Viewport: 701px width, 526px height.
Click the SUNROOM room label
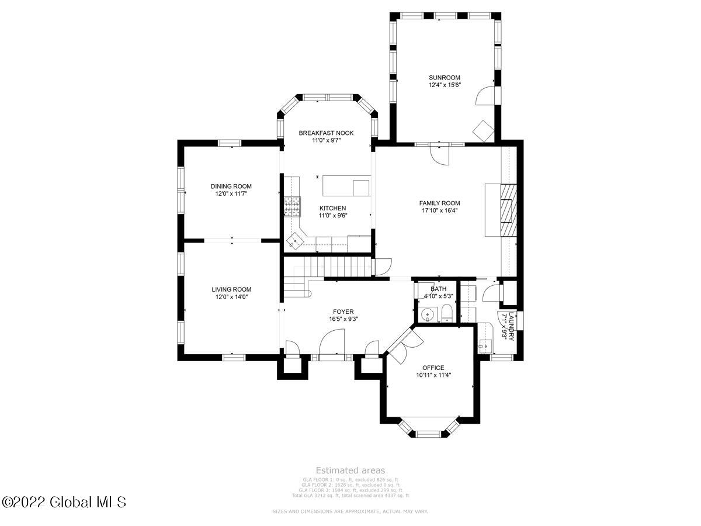pos(445,77)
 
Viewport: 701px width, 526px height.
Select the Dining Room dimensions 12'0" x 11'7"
pos(231,193)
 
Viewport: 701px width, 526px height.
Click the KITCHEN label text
pos(332,208)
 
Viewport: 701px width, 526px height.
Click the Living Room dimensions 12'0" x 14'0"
pos(231,296)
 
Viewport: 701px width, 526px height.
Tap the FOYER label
pos(343,312)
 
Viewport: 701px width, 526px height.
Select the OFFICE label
pos(429,368)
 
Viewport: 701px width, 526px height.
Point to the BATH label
pos(438,289)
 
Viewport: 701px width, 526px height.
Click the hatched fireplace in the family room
pos(509,210)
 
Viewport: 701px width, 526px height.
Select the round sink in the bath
pos(428,314)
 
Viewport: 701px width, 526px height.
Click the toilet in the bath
pos(446,313)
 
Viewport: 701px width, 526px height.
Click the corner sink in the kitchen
pos(296,240)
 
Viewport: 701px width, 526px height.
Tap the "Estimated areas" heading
pos(350,470)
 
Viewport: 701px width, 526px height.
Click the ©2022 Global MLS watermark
pos(64,501)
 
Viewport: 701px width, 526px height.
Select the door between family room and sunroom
pos(439,153)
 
